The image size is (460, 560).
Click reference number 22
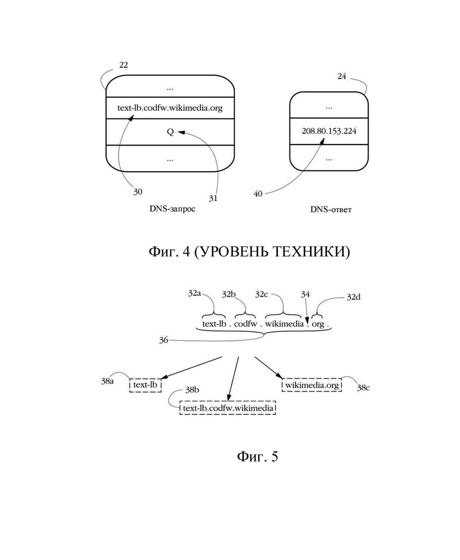[123, 65]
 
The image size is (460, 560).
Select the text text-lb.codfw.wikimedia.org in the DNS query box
[170, 107]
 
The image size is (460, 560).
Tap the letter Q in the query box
[170, 132]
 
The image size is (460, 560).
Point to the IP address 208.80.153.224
[329, 131]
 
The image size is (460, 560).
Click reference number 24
[341, 76]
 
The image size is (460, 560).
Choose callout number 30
[137, 192]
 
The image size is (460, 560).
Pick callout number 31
[213, 198]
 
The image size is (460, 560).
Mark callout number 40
[258, 194]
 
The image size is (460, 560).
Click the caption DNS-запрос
[172, 209]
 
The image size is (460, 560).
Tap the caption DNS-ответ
[331, 209]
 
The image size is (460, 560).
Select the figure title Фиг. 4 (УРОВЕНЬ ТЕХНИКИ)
[249, 252]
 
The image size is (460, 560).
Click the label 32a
[195, 294]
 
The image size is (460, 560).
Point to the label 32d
[353, 297]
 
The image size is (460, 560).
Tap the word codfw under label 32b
[245, 324]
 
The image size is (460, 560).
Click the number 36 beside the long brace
[163, 340]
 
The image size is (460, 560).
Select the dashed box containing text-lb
[145, 385]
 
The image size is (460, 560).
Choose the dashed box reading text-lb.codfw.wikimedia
[228, 408]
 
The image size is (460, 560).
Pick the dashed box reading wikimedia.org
[311, 385]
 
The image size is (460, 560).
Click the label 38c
[363, 387]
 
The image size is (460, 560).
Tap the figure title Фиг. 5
[257, 456]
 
